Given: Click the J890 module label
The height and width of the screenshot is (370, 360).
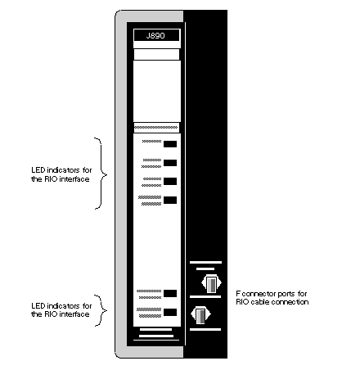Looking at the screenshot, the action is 156,35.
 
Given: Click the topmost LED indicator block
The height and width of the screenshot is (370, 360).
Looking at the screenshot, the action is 170,144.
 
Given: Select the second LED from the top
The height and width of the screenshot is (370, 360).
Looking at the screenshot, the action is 170,163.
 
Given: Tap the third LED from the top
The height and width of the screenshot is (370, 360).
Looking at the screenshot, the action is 170,181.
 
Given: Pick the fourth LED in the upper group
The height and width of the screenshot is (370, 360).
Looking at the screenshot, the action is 170,200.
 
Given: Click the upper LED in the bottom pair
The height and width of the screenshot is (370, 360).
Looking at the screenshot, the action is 170,293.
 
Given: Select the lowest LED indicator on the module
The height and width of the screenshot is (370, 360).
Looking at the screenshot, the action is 170,312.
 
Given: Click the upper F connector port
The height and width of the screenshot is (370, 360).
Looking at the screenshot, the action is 211,284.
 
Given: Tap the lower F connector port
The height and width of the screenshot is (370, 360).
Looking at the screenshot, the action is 200,315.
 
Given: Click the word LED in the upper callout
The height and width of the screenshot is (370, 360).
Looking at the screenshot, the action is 38,170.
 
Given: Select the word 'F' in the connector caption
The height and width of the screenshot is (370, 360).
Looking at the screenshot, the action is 238,294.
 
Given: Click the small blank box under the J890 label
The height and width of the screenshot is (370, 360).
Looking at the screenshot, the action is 156,54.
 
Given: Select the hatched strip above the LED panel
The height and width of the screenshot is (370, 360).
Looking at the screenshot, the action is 156,128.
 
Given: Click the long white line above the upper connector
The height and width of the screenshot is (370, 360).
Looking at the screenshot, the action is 205,262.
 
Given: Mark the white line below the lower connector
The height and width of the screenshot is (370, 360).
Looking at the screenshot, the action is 205,329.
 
